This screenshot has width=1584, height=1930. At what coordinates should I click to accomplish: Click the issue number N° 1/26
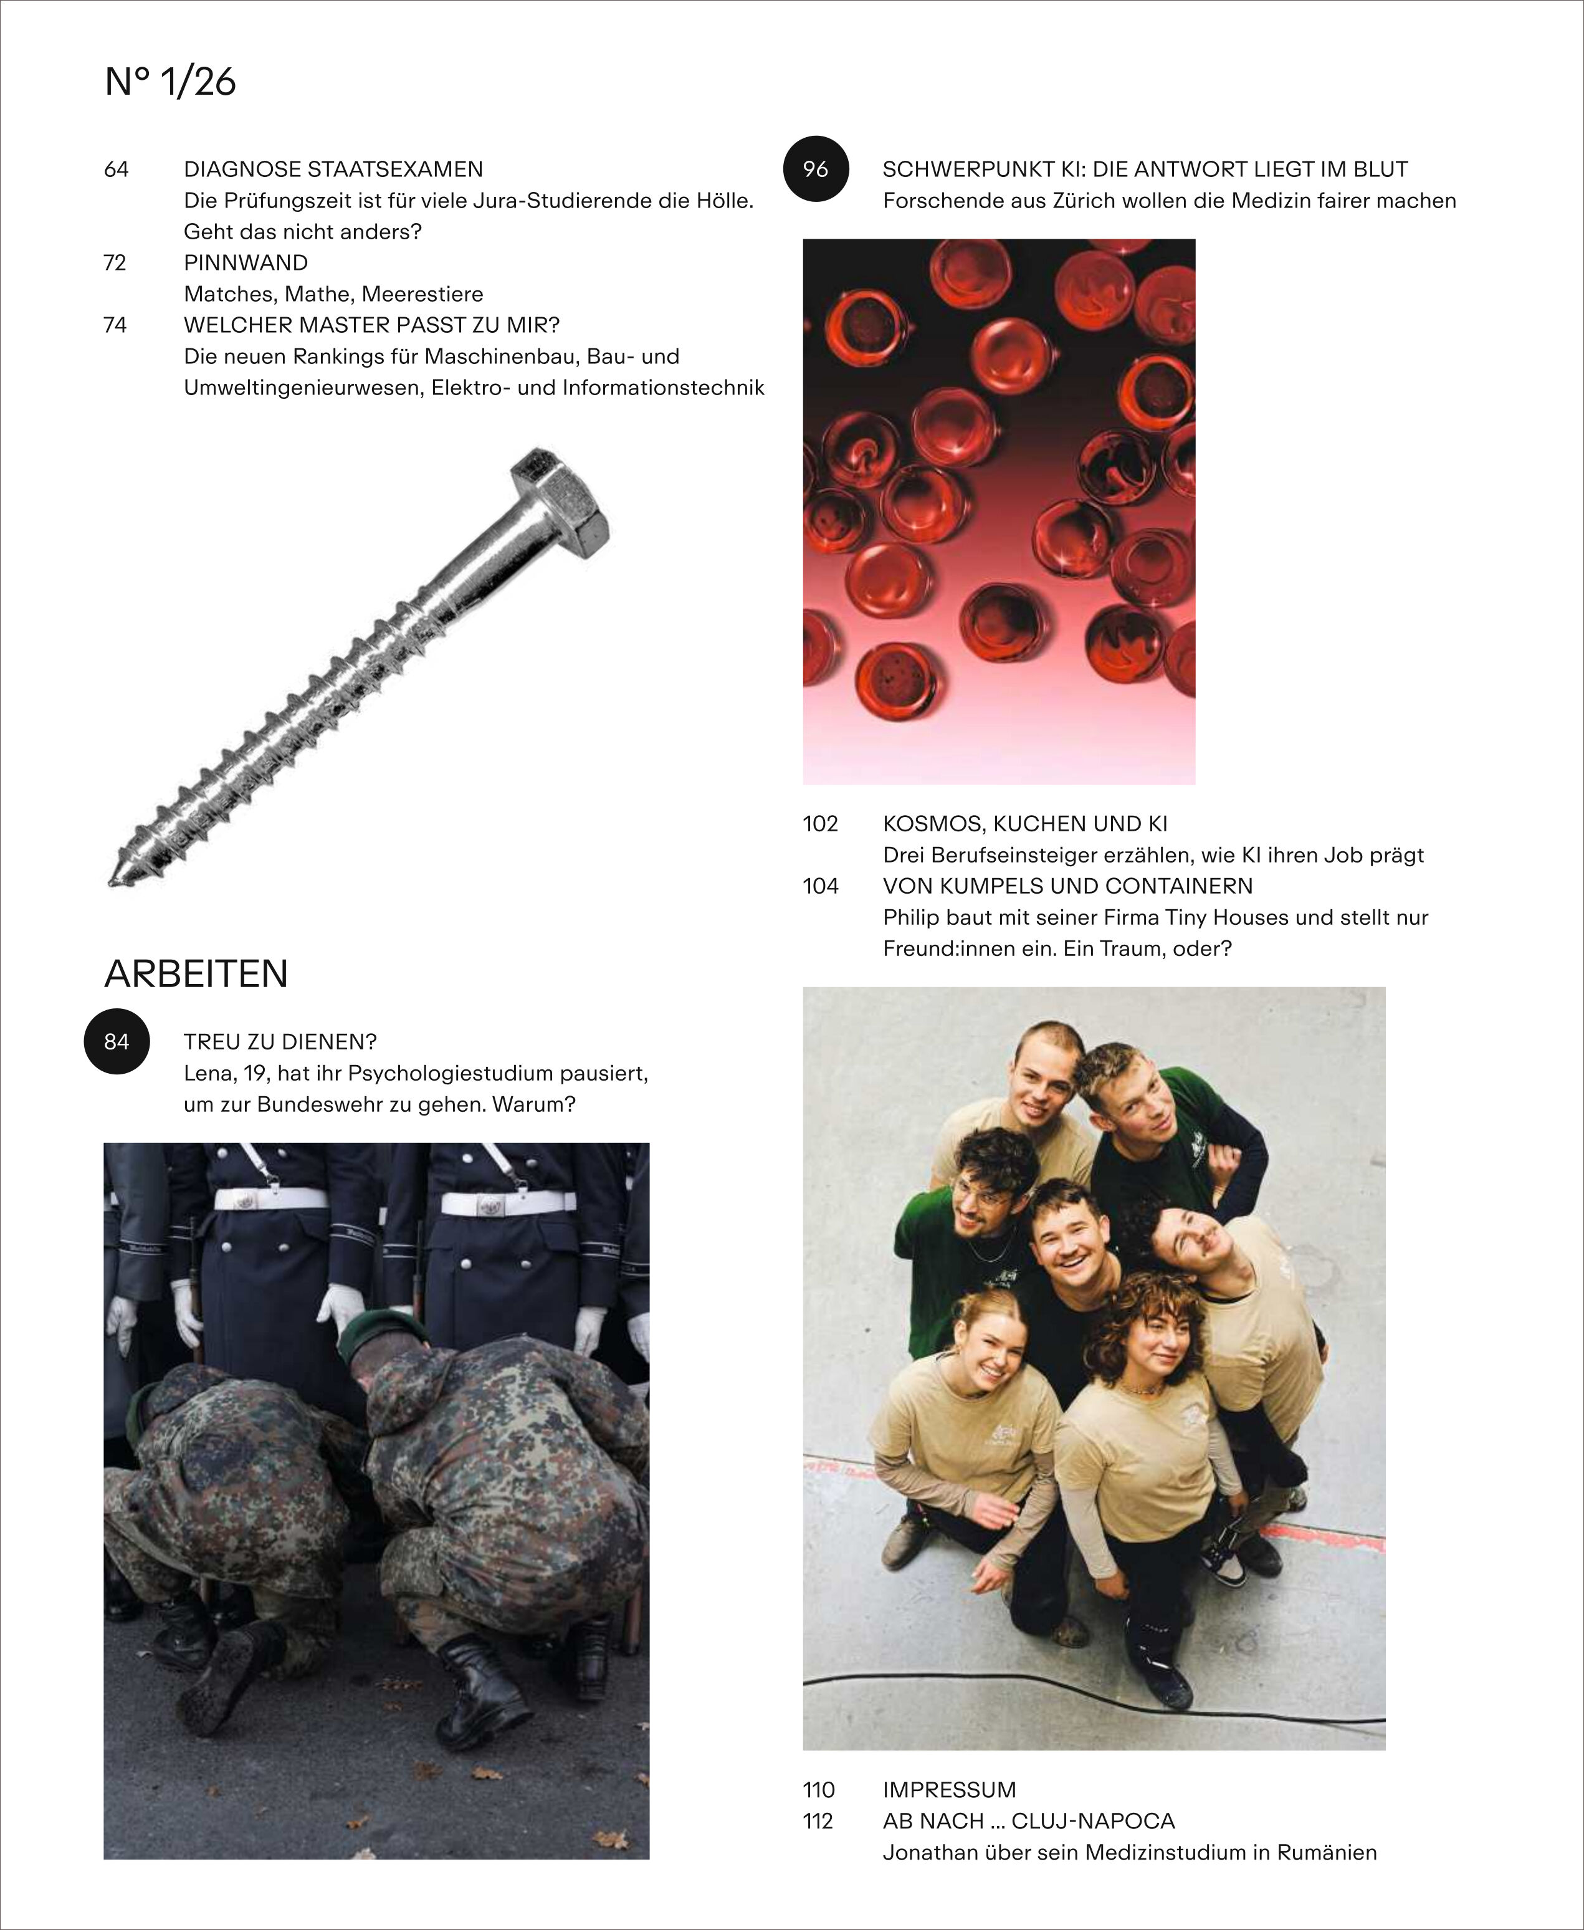171,82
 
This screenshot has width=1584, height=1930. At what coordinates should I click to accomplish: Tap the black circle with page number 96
816,169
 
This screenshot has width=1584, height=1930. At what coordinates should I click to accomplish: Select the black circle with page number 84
116,1041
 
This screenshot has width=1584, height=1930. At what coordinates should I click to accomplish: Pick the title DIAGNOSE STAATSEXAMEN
333,169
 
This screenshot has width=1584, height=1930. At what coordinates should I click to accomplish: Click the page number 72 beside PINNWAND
115,263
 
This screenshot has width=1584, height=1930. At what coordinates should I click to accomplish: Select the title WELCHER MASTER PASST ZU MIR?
371,325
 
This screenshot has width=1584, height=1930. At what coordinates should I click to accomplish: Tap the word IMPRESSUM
949,1789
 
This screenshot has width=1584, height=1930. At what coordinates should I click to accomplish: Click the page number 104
820,886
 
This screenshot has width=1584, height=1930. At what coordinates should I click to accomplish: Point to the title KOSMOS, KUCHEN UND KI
1024,824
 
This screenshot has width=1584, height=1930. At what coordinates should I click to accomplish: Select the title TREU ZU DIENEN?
280,1041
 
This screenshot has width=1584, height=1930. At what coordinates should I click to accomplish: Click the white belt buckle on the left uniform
244,1201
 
